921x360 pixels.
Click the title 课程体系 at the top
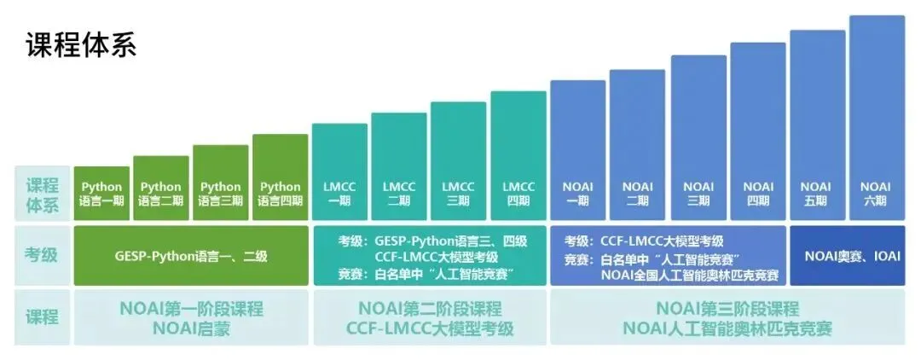point(82,44)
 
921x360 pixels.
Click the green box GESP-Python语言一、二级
point(191,255)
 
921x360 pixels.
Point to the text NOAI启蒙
point(191,328)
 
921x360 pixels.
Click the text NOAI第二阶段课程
point(430,308)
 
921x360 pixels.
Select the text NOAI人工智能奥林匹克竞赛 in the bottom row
point(727,328)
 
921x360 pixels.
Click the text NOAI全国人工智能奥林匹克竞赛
point(689,275)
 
